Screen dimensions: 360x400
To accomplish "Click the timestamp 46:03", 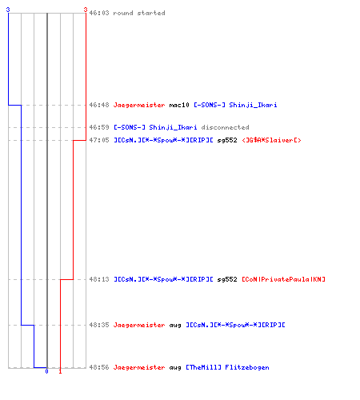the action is (99, 13).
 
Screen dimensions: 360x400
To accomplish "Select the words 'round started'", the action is (139, 13).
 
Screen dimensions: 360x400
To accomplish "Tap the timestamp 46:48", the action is (99, 105).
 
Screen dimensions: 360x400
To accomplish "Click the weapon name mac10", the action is (179, 105).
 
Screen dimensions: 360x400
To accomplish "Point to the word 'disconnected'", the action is (225, 127).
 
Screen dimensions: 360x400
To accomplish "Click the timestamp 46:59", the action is (99, 127).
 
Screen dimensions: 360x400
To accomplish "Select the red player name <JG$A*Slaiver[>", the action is (271, 140).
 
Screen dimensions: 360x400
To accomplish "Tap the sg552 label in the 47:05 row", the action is (227, 140).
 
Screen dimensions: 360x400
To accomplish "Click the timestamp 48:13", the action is (99, 279).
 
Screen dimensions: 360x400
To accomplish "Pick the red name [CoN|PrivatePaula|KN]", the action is (283, 279).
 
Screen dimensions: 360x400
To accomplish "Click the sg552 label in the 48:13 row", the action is (227, 279).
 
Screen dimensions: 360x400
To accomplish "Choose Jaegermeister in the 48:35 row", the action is (139, 325).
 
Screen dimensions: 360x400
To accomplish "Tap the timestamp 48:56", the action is (99, 367).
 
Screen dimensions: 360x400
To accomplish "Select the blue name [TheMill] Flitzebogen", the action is (227, 367).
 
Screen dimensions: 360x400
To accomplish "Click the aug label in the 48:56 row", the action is (175, 368).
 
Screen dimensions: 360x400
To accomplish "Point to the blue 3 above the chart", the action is (8, 10).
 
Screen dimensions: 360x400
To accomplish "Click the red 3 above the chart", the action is (86, 10).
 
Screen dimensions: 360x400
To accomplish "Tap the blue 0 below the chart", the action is (46, 371).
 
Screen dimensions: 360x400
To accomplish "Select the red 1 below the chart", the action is (60, 371).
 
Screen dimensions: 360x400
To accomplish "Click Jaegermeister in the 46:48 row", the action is (139, 105).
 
